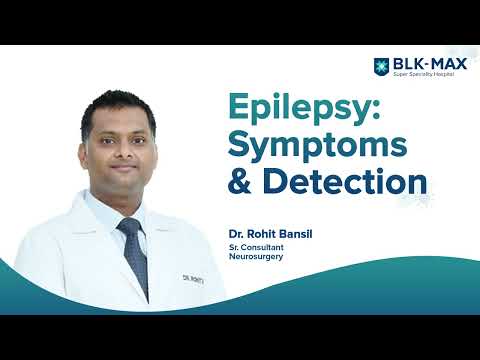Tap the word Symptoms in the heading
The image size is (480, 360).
319,144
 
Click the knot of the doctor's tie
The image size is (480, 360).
127,228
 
